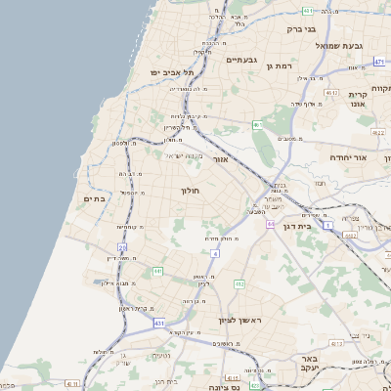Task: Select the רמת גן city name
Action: [x=280, y=65]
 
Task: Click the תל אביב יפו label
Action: [x=172, y=73]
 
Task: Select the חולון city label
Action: [x=191, y=191]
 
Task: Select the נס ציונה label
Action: [x=237, y=374]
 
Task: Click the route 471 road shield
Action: [x=378, y=61]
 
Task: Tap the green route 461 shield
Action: [x=257, y=124]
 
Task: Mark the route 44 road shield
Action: [x=269, y=224]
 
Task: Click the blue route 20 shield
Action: [x=123, y=248]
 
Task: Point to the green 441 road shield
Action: [x=157, y=271]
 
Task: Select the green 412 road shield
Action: [x=239, y=283]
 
